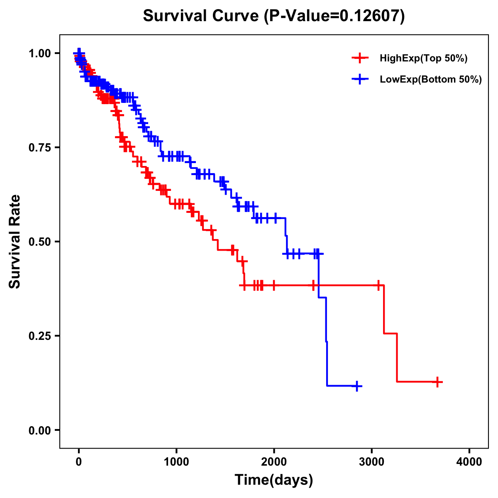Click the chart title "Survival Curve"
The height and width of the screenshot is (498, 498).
point(202,16)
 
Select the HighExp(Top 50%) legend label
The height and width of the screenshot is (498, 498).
point(423,59)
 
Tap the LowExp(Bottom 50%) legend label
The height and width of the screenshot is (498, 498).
point(431,80)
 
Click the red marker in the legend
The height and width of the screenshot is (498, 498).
point(360,59)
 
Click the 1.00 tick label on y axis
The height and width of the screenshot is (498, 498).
point(39,54)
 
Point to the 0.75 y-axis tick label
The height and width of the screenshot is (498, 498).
point(39,148)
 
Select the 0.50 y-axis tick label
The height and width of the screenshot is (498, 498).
point(39,242)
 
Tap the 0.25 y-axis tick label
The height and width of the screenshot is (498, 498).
point(39,336)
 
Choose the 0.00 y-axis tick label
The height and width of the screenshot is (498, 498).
point(39,430)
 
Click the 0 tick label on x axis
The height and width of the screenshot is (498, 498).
point(79,462)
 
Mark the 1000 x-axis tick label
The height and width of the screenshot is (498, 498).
point(176,462)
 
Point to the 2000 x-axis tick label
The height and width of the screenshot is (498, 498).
point(274,462)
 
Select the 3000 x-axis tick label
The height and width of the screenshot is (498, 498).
point(372,462)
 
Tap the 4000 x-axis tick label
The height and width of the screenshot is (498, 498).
point(469,462)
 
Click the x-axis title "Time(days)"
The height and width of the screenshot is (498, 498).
point(274,480)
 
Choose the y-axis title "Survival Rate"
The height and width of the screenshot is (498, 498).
point(15,242)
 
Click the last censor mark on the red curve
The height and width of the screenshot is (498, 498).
point(437,382)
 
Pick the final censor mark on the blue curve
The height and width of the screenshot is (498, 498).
point(356,386)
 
